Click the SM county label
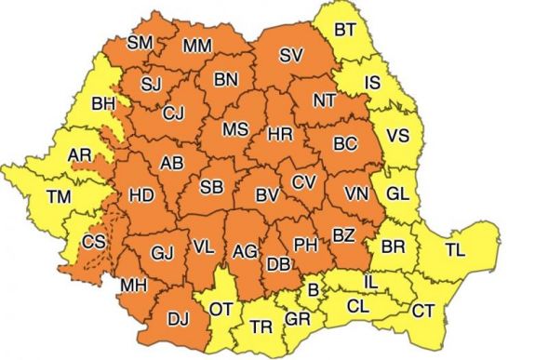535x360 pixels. click(140, 43)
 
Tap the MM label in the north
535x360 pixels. click(196, 45)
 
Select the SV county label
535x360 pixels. click(291, 56)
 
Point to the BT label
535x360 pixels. click(344, 31)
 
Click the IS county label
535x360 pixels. click(372, 84)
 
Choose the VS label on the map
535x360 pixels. click(397, 136)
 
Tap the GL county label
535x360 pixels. click(397, 193)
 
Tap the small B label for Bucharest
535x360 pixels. click(314, 291)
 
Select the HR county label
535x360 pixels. click(280, 135)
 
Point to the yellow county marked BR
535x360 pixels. click(393, 248)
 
